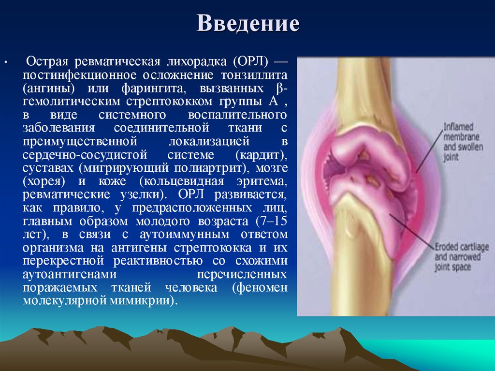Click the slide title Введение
(248, 23)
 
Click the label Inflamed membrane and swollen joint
(463, 141)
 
